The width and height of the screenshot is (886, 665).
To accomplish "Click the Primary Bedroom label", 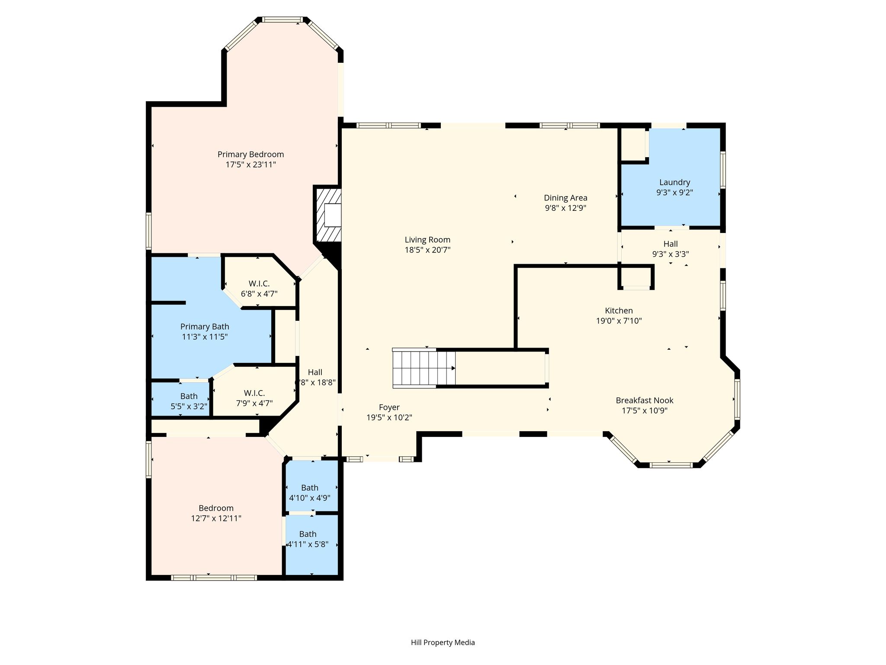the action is click(250, 155).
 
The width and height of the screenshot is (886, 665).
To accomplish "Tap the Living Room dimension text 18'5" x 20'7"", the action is click(427, 250).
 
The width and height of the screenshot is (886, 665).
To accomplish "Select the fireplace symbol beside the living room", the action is click(327, 215).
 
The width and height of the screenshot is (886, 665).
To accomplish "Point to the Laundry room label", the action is click(674, 183).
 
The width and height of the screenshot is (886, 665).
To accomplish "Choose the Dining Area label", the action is click(565, 198).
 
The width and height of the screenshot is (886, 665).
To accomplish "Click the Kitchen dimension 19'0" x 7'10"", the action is click(619, 321).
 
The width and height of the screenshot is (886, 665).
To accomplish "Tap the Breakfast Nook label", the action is click(645, 400).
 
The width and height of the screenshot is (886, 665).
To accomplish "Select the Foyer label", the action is click(389, 407).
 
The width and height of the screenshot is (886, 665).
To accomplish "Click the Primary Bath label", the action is click(205, 327).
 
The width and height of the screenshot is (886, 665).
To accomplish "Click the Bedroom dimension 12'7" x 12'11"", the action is click(216, 518).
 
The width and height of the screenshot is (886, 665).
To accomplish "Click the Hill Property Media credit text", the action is click(443, 642).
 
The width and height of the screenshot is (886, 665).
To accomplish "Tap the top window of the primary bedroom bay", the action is click(283, 19).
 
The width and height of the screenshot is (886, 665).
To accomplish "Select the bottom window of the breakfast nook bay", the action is click(671, 465).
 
